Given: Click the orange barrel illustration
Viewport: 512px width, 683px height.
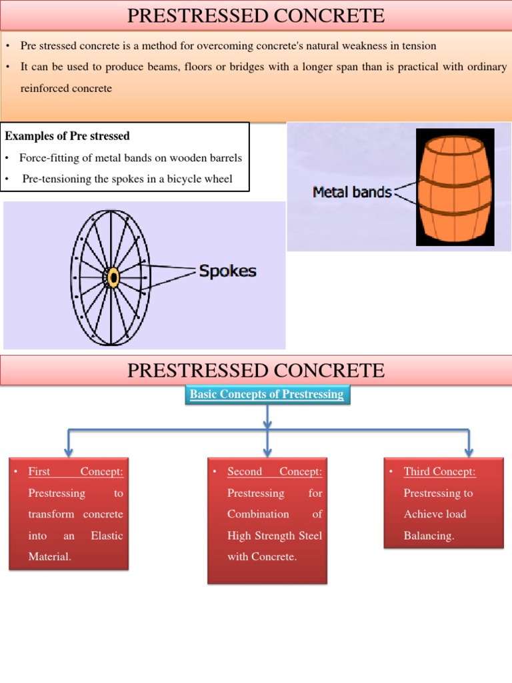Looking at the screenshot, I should (x=455, y=188).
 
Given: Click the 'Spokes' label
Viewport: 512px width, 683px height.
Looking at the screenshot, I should (x=227, y=271).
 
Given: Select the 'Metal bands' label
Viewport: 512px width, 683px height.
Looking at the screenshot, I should (x=352, y=192).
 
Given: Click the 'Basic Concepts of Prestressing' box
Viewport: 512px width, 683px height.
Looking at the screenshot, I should (x=267, y=394).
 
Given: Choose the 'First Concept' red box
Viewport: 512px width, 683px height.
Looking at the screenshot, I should (x=69, y=514).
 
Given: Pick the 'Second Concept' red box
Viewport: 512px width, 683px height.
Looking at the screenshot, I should (x=267, y=520).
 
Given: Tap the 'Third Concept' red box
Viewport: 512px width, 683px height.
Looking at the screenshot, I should (x=443, y=503).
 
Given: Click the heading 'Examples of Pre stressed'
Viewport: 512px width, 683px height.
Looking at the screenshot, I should (x=67, y=136).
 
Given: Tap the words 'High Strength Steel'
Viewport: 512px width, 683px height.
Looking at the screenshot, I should (x=275, y=536).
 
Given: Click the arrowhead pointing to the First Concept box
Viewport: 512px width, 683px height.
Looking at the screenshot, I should (x=69, y=452).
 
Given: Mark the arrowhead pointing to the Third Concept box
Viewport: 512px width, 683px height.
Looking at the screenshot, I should (x=469, y=452).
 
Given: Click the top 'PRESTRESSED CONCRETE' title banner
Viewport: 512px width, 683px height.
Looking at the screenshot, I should (x=256, y=15).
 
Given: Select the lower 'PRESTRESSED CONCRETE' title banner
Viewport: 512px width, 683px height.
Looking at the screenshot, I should (x=256, y=370).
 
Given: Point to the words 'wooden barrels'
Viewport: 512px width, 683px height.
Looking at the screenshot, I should (x=210, y=158).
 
